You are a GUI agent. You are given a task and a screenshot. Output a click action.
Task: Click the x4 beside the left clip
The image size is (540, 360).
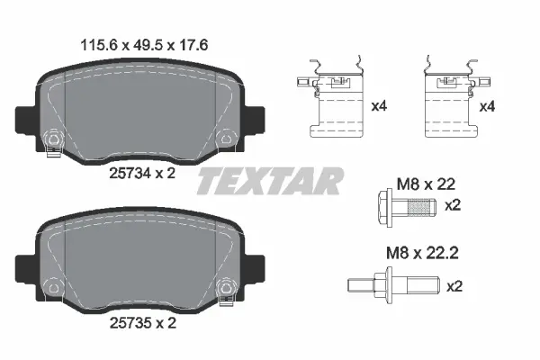379,106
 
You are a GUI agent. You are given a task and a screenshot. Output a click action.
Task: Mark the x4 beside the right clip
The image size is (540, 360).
488,106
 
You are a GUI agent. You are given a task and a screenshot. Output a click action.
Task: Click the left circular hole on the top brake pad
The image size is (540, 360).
50,139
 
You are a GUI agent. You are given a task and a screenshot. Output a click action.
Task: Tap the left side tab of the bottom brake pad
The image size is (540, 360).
22,264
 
